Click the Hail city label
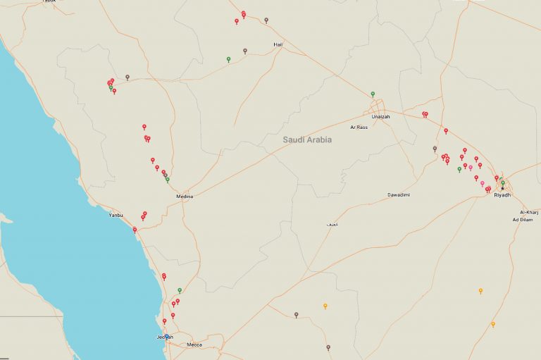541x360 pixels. [278, 44]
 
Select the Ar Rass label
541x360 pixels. [359, 128]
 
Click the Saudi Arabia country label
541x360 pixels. [307, 140]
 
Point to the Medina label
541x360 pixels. [185, 197]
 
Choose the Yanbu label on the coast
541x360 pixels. [116, 215]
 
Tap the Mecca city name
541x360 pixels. [194, 345]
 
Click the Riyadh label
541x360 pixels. [502, 194]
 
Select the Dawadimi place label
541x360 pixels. [399, 194]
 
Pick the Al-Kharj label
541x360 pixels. [529, 212]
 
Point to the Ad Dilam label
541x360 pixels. [526, 220]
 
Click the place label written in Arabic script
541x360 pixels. [332, 224]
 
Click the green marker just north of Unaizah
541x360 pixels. [373, 94]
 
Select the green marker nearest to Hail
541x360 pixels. [228, 58]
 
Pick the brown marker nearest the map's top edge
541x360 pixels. [266, 20]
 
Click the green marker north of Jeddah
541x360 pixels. [180, 290]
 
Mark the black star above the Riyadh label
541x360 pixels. [502, 188]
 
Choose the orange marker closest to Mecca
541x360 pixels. [325, 305]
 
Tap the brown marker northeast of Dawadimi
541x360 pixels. [435, 149]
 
